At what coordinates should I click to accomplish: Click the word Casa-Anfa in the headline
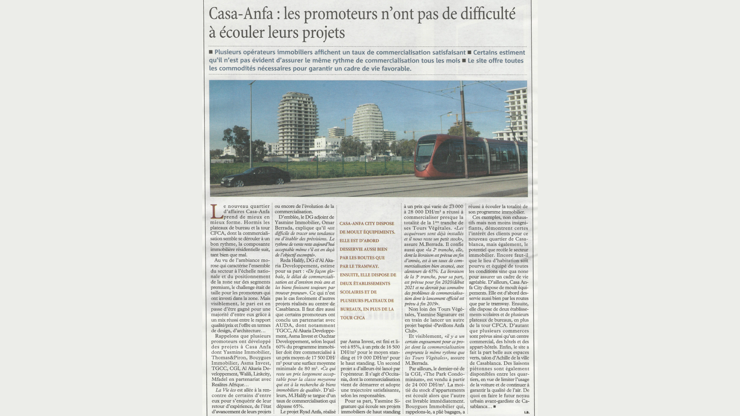coord(240,14)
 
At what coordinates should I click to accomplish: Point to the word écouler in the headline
coord(241,33)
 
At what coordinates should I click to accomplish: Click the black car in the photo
coord(256,177)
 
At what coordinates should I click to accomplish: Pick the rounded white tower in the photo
coord(368,123)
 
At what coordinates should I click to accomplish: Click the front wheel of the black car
coord(240,183)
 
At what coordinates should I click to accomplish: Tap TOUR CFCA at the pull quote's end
coord(352,318)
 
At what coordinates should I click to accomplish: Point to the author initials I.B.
coord(526,412)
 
